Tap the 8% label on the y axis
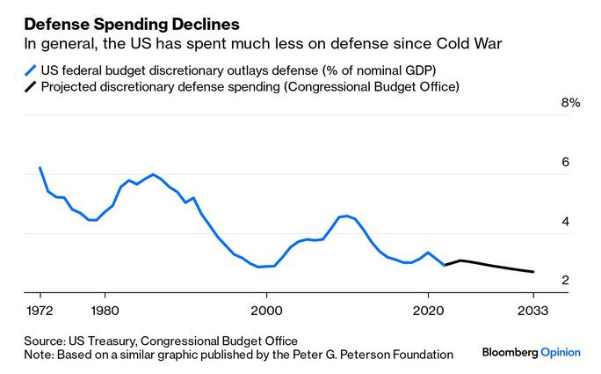[x=570, y=103]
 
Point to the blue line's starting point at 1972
[x=40, y=168]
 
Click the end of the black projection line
[x=533, y=272]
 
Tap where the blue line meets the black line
[x=445, y=264]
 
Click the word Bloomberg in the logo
[x=510, y=352]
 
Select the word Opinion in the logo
[x=561, y=352]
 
